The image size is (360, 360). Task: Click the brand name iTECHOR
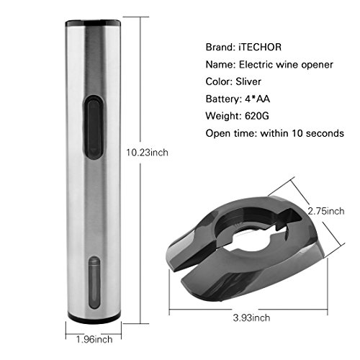tap(260, 47)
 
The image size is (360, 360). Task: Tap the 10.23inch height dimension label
tap(147, 153)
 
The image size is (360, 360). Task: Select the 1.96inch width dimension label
tap(94, 339)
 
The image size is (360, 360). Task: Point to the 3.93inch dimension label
tap(251, 318)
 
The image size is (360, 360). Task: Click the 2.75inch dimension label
tap(326, 211)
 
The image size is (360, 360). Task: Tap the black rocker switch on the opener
tap(94, 127)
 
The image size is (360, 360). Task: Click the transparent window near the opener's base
tap(94, 282)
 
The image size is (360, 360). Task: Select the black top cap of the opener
tap(93, 23)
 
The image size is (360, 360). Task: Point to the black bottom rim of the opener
tap(94, 318)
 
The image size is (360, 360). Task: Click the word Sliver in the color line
tap(248, 81)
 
